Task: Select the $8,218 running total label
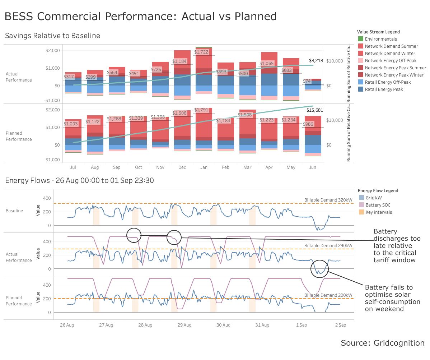coord(316,61)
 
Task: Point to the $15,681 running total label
coord(314,110)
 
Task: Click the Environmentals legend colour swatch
coord(361,39)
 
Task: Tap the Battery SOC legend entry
coord(378,205)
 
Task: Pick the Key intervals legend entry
coord(379,212)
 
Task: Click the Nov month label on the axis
coord(160,167)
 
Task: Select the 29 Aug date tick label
coord(184,325)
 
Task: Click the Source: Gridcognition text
coord(383,343)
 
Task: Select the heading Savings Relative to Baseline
coord(52,36)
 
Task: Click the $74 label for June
coord(307,81)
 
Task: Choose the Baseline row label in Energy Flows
coord(14,211)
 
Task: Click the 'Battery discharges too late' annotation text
coord(397,246)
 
